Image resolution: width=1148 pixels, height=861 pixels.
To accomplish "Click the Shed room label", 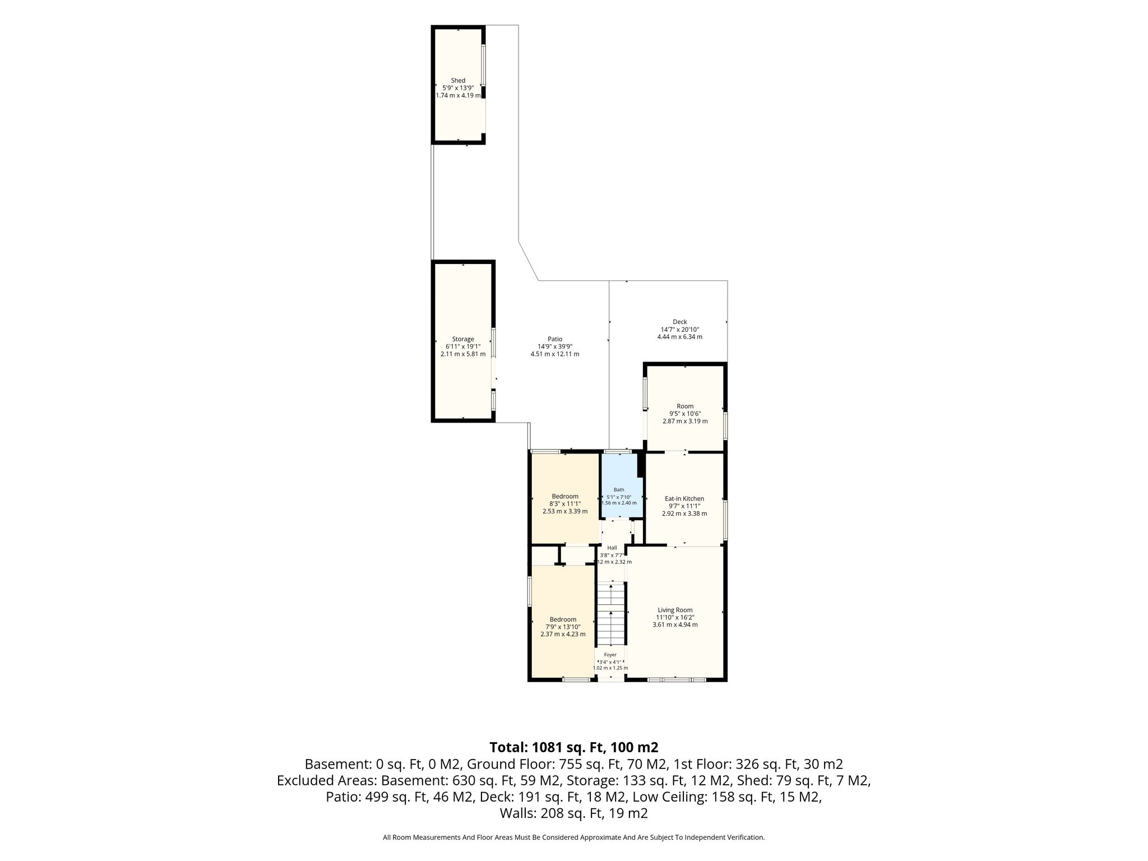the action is (x=458, y=81).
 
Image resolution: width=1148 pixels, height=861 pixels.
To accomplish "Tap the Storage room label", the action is (x=463, y=339).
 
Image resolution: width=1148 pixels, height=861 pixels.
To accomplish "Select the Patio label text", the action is (x=555, y=339).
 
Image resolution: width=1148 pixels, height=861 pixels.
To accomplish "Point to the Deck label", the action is (x=680, y=322).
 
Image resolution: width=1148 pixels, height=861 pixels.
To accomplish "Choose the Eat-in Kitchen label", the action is (x=684, y=499).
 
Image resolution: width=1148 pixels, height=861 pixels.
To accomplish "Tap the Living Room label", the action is (x=675, y=610).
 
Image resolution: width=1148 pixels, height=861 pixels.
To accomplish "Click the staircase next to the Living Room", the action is (x=609, y=615).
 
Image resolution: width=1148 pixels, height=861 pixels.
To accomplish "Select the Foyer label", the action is (x=610, y=655).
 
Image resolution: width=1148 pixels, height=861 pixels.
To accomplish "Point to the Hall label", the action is (x=612, y=548).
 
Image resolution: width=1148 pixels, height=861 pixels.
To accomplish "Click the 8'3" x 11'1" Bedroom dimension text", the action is (x=565, y=503).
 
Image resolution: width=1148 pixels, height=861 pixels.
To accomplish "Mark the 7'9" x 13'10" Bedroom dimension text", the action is (x=563, y=627).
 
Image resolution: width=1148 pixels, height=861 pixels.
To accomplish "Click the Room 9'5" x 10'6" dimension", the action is (x=685, y=414).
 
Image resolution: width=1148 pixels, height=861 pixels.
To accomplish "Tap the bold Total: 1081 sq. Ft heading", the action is (x=574, y=747).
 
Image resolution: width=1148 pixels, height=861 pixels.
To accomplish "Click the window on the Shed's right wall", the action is (x=484, y=66).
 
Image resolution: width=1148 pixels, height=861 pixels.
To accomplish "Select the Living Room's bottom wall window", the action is (x=677, y=680).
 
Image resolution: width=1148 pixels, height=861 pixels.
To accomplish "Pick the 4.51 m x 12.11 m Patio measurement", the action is (x=555, y=354).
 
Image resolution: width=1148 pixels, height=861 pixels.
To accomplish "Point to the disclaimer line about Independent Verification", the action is (x=574, y=837).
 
